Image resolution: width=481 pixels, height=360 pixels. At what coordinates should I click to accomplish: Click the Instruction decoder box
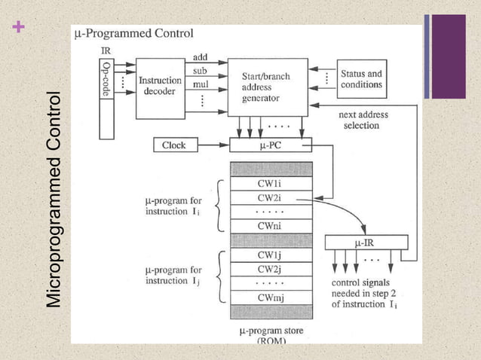pos(160,87)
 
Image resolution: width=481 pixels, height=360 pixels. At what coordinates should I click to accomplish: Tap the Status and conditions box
pos(361,79)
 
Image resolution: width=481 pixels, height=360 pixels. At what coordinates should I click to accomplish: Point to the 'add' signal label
pos(201,57)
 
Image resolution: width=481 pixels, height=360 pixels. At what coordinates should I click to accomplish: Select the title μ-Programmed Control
pos(133,34)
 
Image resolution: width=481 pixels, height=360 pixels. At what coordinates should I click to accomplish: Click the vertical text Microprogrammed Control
pos(54,200)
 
